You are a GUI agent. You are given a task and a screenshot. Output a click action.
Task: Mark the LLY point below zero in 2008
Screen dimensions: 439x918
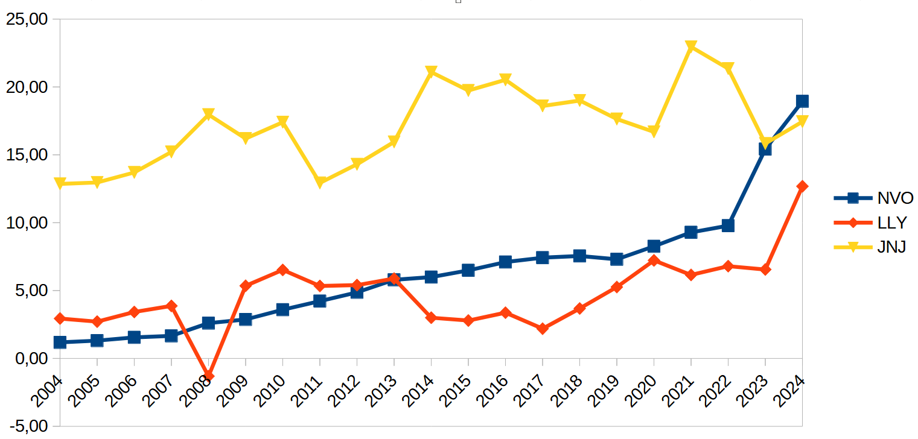click(x=208, y=376)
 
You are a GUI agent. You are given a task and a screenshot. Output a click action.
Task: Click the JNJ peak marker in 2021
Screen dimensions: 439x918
click(x=691, y=47)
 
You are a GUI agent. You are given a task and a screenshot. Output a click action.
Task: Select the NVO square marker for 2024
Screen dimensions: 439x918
click(x=802, y=101)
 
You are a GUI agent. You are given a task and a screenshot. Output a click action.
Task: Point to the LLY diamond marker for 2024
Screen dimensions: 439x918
click(x=802, y=186)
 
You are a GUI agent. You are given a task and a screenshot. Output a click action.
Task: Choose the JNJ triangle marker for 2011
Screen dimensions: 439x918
click(x=320, y=182)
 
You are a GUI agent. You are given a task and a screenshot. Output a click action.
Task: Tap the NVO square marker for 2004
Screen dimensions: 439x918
click(x=60, y=343)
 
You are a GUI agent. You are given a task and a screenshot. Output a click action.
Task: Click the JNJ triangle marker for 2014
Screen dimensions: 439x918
click(x=431, y=72)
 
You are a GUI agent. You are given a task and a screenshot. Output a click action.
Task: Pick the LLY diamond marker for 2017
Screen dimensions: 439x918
click(x=543, y=329)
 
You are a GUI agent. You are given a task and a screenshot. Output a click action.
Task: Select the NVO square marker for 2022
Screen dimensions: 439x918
click(x=728, y=226)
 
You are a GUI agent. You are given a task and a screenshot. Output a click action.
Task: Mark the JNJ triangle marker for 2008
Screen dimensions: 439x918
click(x=208, y=115)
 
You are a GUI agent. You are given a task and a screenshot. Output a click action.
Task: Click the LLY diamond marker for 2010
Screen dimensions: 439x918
click(x=282, y=270)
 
